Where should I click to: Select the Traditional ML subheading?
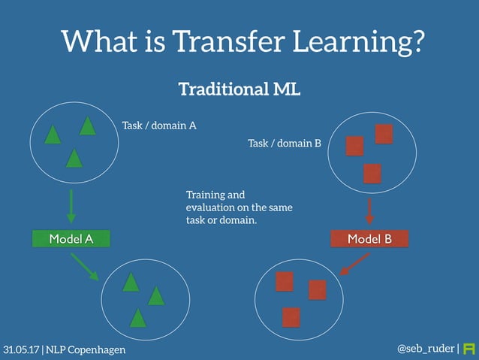click(x=239, y=90)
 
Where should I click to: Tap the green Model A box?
click(x=71, y=239)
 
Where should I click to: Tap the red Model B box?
click(x=369, y=239)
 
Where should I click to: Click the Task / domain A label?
click(x=159, y=126)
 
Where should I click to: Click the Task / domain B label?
click(x=284, y=142)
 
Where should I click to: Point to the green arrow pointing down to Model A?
click(x=71, y=206)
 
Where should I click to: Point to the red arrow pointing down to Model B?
click(x=369, y=210)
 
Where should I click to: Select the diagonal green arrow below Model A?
click(x=85, y=267)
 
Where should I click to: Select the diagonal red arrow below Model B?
click(x=354, y=264)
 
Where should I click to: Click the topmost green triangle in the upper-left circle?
click(x=88, y=126)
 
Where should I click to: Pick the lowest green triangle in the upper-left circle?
click(x=74, y=159)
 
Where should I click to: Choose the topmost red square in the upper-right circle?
click(x=384, y=134)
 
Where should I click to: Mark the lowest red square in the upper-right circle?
click(x=372, y=173)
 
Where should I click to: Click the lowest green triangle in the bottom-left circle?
click(x=137, y=318)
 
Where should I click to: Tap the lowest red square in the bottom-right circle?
click(x=291, y=317)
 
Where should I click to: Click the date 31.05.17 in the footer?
click(x=21, y=350)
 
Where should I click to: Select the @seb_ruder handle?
click(x=425, y=349)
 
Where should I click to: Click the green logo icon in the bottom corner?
click(x=469, y=349)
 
